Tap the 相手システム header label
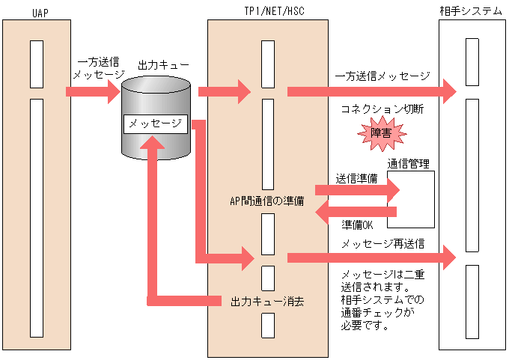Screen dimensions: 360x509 [472, 10]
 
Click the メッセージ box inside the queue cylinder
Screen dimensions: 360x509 [155, 123]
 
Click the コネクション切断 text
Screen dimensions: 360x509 [382, 109]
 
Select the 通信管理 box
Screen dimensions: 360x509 [410, 199]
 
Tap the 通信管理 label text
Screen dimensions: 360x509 [408, 164]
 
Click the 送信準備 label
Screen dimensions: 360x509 [356, 178]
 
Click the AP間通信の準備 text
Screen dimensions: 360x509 [267, 201]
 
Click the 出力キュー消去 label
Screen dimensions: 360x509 [266, 301]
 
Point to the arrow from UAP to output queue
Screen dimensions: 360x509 [94, 91]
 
